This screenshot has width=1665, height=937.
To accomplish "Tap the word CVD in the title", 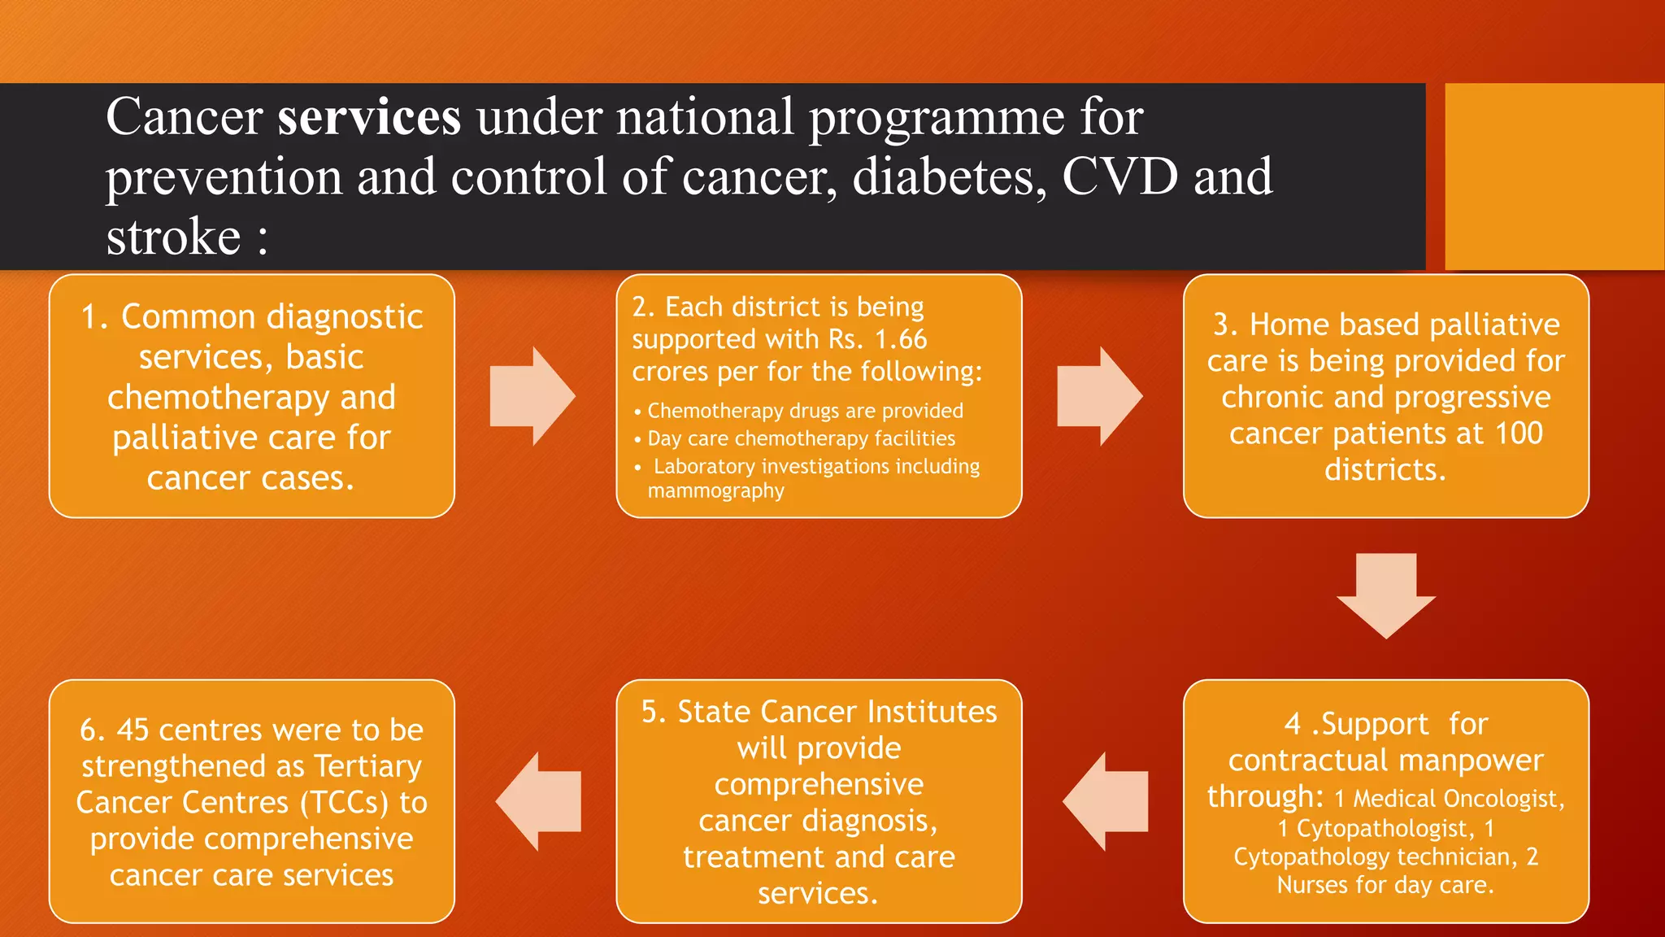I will coord(1119,177).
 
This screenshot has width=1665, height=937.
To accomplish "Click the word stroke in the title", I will coord(173,238).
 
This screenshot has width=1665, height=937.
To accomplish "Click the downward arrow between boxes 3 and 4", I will coord(1386,595).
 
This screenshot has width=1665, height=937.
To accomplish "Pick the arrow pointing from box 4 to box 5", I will coord(1105,801).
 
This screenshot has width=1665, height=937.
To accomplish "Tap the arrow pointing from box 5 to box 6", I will coord(538,801).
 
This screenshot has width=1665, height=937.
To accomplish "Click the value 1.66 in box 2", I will coord(901,339).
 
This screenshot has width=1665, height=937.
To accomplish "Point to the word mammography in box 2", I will coord(715,491).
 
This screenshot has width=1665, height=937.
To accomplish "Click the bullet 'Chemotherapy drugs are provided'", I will coord(805,411).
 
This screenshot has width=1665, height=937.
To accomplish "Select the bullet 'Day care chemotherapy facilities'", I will coord(801,438).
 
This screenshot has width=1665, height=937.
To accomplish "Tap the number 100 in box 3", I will coord(1518,433).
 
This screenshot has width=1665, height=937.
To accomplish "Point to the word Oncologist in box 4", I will coord(1508,799).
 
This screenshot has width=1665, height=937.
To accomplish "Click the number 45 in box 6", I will coord(133,730).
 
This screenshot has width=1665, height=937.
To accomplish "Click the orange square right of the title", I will coord(1554,177).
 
